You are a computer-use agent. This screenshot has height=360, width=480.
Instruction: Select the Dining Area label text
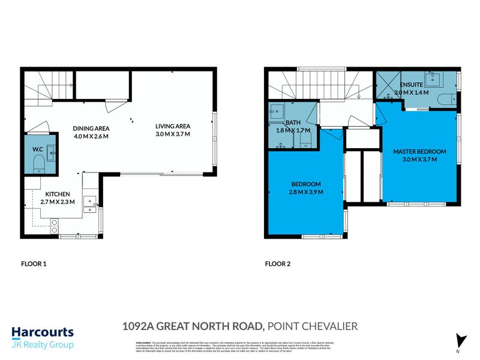pos(91,128)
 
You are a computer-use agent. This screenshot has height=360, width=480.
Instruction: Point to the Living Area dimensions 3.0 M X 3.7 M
pos(173,134)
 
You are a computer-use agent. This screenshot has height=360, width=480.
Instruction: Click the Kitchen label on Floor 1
pos(58,194)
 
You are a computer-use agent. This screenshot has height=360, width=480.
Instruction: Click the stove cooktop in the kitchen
pos(55,226)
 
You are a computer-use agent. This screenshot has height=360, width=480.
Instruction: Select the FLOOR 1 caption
pos(34,263)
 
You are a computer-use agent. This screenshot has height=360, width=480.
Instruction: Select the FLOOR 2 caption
pos(278,263)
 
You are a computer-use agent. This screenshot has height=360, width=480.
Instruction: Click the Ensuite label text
pos(412,86)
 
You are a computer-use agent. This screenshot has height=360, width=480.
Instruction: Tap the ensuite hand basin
pos(433,79)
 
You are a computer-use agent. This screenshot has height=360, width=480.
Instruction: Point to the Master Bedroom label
pos(419,151)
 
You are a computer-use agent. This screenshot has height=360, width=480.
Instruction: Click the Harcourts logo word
pos(43,332)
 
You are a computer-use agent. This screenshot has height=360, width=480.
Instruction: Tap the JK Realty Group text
pos(43,345)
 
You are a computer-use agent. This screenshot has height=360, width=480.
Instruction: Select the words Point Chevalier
pos(313,326)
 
